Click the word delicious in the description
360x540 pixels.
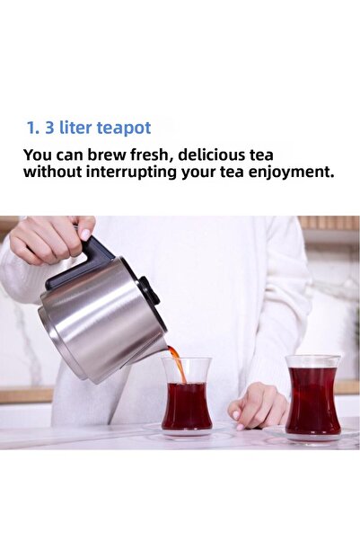(225, 154)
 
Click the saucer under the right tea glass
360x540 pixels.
(312, 438)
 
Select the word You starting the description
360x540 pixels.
(39, 154)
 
